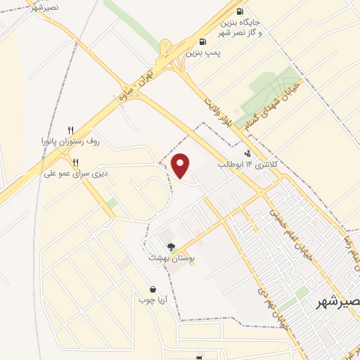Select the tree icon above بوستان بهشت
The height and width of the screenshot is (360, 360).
coord(171,247)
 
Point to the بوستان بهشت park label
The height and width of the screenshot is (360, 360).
coord(170,258)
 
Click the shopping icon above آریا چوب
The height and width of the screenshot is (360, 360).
coord(153,289)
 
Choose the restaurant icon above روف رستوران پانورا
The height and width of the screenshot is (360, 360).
coord(70,130)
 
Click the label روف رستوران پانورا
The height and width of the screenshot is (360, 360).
coord(70,141)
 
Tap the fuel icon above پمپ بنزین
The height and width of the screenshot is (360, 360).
coord(202,41)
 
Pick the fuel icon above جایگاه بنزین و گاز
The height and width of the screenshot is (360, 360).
coord(240,11)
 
